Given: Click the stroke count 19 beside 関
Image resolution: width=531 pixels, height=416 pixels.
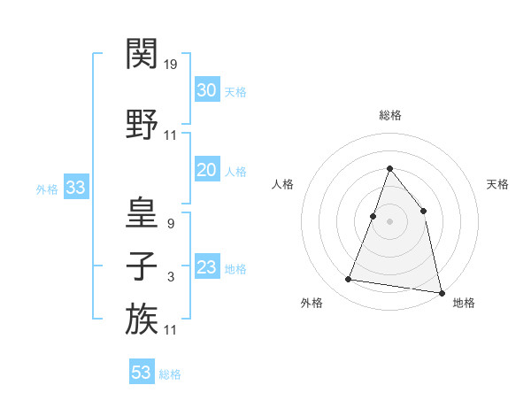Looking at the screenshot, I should (x=171, y=65).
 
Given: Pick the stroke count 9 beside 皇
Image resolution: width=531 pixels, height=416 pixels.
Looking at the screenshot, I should (x=170, y=224).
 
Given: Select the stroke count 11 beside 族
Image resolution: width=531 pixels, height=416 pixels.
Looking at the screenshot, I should (x=171, y=330).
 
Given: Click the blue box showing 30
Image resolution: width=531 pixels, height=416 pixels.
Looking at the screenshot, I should (x=206, y=90).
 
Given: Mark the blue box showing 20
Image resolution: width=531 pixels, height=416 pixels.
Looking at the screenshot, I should (x=206, y=171).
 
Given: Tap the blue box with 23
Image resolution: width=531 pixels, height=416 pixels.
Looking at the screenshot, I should (x=206, y=268).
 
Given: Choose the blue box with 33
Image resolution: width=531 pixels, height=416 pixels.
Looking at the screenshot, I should (x=75, y=188).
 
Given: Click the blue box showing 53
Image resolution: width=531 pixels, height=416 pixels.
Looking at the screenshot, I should (x=141, y=373).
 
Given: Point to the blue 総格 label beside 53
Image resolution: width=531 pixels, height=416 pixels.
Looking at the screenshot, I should (x=170, y=374).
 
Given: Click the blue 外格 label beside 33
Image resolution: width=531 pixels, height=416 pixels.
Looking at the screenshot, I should (x=47, y=189).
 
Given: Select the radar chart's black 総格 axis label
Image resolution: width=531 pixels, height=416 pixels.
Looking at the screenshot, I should (x=389, y=115).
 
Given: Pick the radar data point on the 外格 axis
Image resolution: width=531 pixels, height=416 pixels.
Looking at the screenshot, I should (x=349, y=280).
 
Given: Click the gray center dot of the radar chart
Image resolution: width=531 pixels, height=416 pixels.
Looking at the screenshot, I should (x=389, y=222).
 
